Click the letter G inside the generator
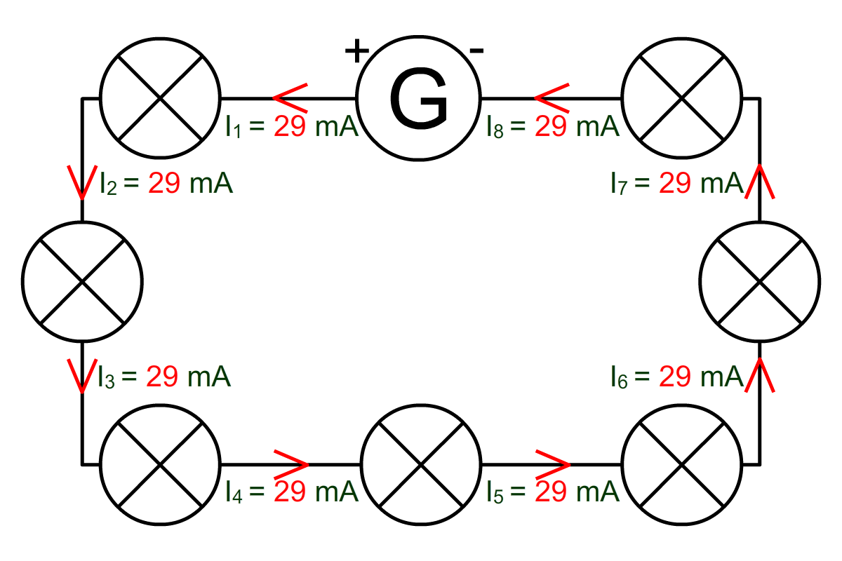pyautogui.click(x=419, y=98)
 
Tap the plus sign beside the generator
pyautogui.click(x=356, y=50)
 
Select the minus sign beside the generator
pyautogui.click(x=476, y=50)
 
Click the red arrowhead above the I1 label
pyautogui.click(x=290, y=98)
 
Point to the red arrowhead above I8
pyautogui.click(x=552, y=98)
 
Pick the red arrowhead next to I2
pyautogui.click(x=82, y=182)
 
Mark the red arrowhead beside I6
pyautogui.click(x=760, y=375)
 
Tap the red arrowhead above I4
pyautogui.click(x=291, y=464)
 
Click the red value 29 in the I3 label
pyautogui.click(x=162, y=376)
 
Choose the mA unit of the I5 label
pyautogui.click(x=598, y=492)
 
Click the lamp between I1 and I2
pyautogui.click(x=160, y=98)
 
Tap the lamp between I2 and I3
pyautogui.click(x=82, y=281)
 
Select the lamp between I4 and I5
pyautogui.click(x=421, y=465)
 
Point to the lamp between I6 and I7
pyautogui.click(x=760, y=281)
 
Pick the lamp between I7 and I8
pyautogui.click(x=682, y=98)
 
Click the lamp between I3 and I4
pyautogui.click(x=160, y=465)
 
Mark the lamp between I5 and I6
pyautogui.click(x=682, y=465)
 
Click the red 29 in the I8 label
pyautogui.click(x=551, y=126)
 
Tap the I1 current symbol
pyautogui.click(x=233, y=127)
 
